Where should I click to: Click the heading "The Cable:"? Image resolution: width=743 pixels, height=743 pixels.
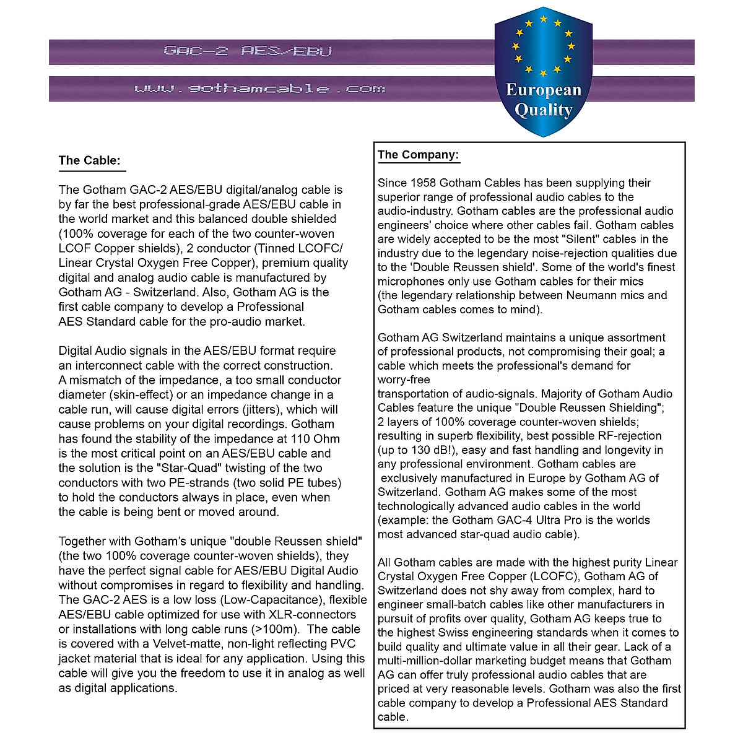pyautogui.click(x=89, y=160)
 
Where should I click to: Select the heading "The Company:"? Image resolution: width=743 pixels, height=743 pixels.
pyautogui.click(x=419, y=155)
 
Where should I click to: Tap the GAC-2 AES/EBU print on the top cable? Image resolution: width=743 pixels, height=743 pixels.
pyautogui.click(x=248, y=51)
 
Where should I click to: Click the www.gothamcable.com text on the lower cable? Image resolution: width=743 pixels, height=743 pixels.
pyautogui.click(x=260, y=89)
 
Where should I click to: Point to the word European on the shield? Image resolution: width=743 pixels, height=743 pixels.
pyautogui.click(x=544, y=90)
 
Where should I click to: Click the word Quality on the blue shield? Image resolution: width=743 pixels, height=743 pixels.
pyautogui.click(x=544, y=110)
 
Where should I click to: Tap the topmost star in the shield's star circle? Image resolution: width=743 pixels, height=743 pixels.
pyautogui.click(x=543, y=19)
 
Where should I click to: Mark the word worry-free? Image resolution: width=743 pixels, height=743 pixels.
pyautogui.click(x=404, y=380)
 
